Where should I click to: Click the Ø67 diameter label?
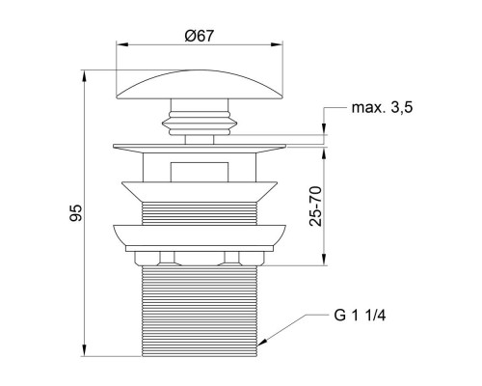coord(200,36)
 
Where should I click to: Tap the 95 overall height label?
coord(76,212)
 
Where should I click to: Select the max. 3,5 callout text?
coord(382,108)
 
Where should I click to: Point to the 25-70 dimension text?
coord(315,206)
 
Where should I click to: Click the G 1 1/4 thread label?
coord(360,316)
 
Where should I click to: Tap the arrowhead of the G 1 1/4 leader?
coord(262,343)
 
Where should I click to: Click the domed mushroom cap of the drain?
coord(200,85)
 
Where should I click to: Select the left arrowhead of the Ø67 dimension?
coord(122,45)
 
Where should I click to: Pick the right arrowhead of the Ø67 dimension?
coord(277,45)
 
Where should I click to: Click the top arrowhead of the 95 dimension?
coord(84,77)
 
